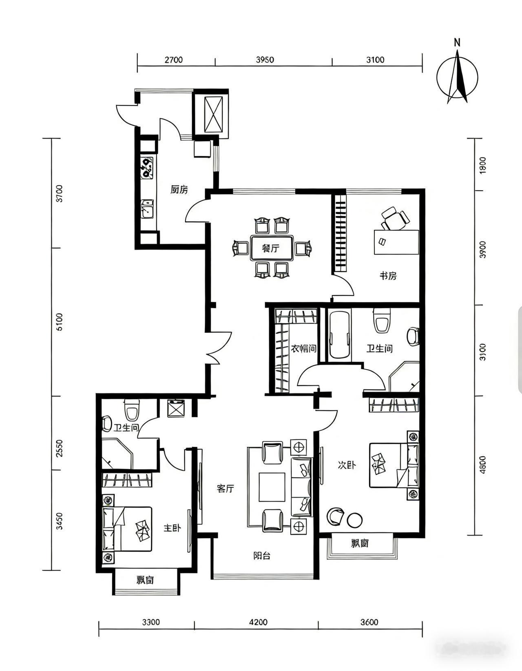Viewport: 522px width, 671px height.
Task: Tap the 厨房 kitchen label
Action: [x=179, y=190]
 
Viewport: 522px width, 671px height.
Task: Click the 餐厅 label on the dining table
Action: [x=271, y=248]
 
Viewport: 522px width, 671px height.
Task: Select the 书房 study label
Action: [x=388, y=276]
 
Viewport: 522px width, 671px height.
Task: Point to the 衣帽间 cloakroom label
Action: [x=303, y=349]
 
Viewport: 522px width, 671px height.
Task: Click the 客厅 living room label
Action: [x=226, y=489]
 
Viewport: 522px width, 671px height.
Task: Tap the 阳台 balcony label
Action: [x=262, y=556]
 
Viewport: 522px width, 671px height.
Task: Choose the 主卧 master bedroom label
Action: [x=172, y=528]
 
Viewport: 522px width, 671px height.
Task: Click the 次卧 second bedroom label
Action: [x=347, y=465]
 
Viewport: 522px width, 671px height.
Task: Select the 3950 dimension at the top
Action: [x=265, y=60]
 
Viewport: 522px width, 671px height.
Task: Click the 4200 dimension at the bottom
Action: [x=258, y=622]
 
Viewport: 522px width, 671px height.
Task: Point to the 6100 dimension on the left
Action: [x=60, y=322]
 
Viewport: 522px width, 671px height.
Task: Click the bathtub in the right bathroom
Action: [x=340, y=335]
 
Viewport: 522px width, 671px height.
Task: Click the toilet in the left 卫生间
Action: [x=132, y=409]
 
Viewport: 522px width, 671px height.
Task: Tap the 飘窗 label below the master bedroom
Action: [x=146, y=580]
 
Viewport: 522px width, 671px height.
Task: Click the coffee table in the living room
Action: [x=272, y=487]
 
